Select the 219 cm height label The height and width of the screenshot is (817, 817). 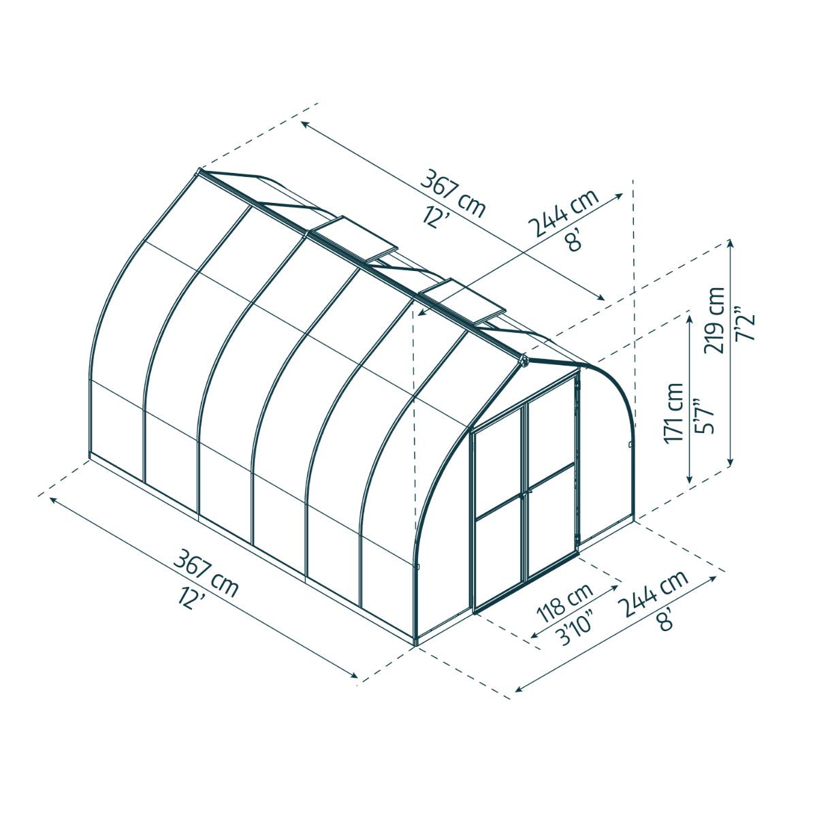click(714, 319)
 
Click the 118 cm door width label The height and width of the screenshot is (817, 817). click(564, 603)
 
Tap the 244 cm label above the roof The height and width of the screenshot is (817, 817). click(563, 213)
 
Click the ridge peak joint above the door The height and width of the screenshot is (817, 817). click(524, 361)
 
